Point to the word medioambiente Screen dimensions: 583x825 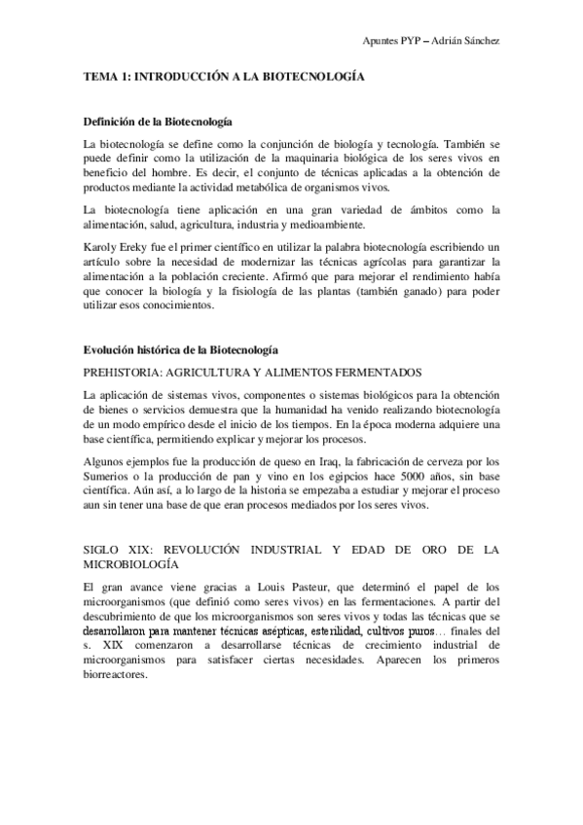[335, 224]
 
